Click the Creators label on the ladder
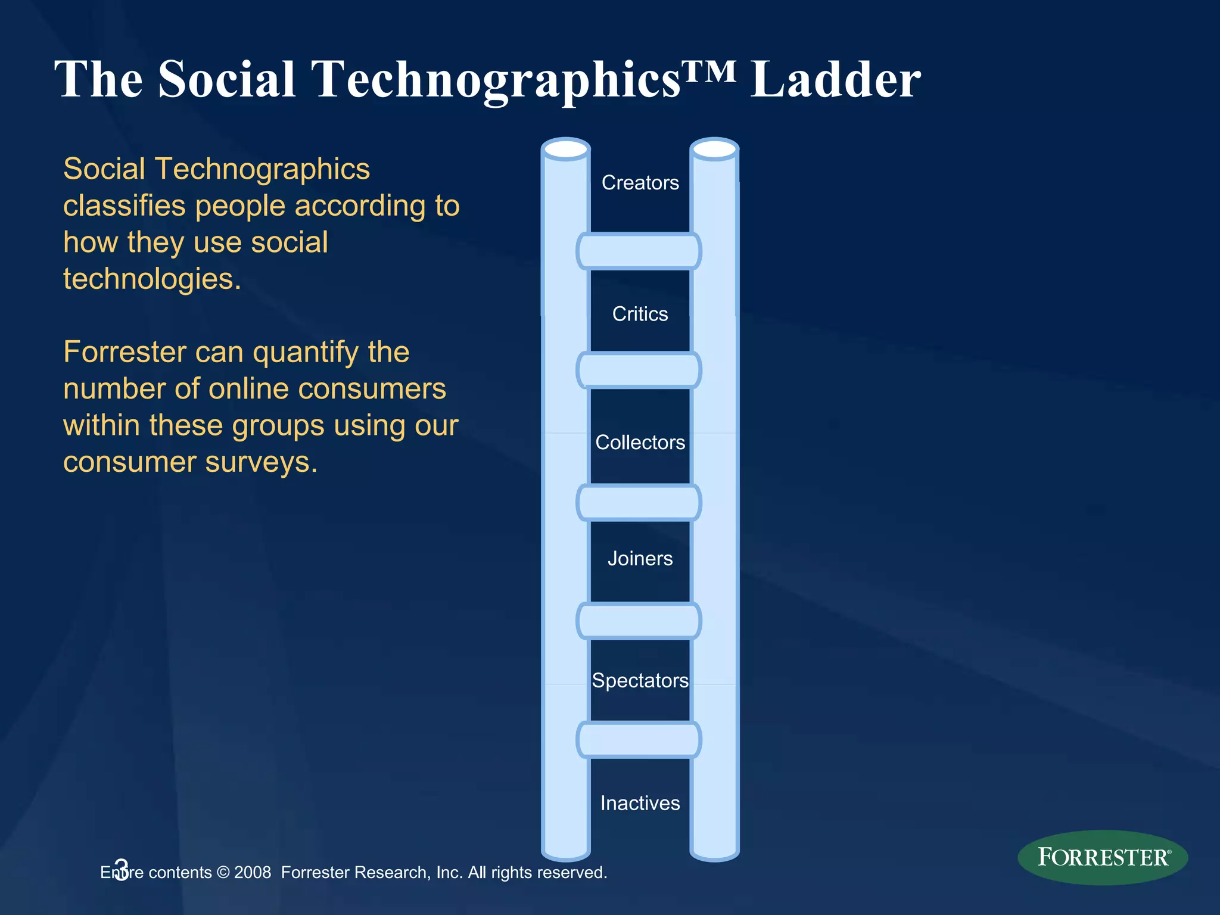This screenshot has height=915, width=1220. [640, 182]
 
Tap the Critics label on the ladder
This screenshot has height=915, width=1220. [640, 314]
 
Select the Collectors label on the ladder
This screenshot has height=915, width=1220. [640, 442]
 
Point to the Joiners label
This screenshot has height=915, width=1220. [640, 558]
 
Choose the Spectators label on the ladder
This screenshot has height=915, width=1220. [640, 680]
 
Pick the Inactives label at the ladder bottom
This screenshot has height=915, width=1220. [640, 803]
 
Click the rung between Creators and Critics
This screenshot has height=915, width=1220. [639, 251]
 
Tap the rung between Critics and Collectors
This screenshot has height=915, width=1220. [639, 370]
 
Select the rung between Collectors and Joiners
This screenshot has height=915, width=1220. [639, 502]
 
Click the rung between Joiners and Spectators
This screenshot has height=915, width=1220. [639, 621]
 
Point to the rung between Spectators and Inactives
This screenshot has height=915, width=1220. [639, 740]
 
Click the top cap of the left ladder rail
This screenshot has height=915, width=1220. [566, 149]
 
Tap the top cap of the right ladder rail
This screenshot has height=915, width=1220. [714, 149]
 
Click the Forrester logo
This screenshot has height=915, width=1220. [1103, 857]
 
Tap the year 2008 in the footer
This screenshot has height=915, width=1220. [253, 873]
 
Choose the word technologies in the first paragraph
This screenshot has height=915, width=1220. [152, 279]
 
